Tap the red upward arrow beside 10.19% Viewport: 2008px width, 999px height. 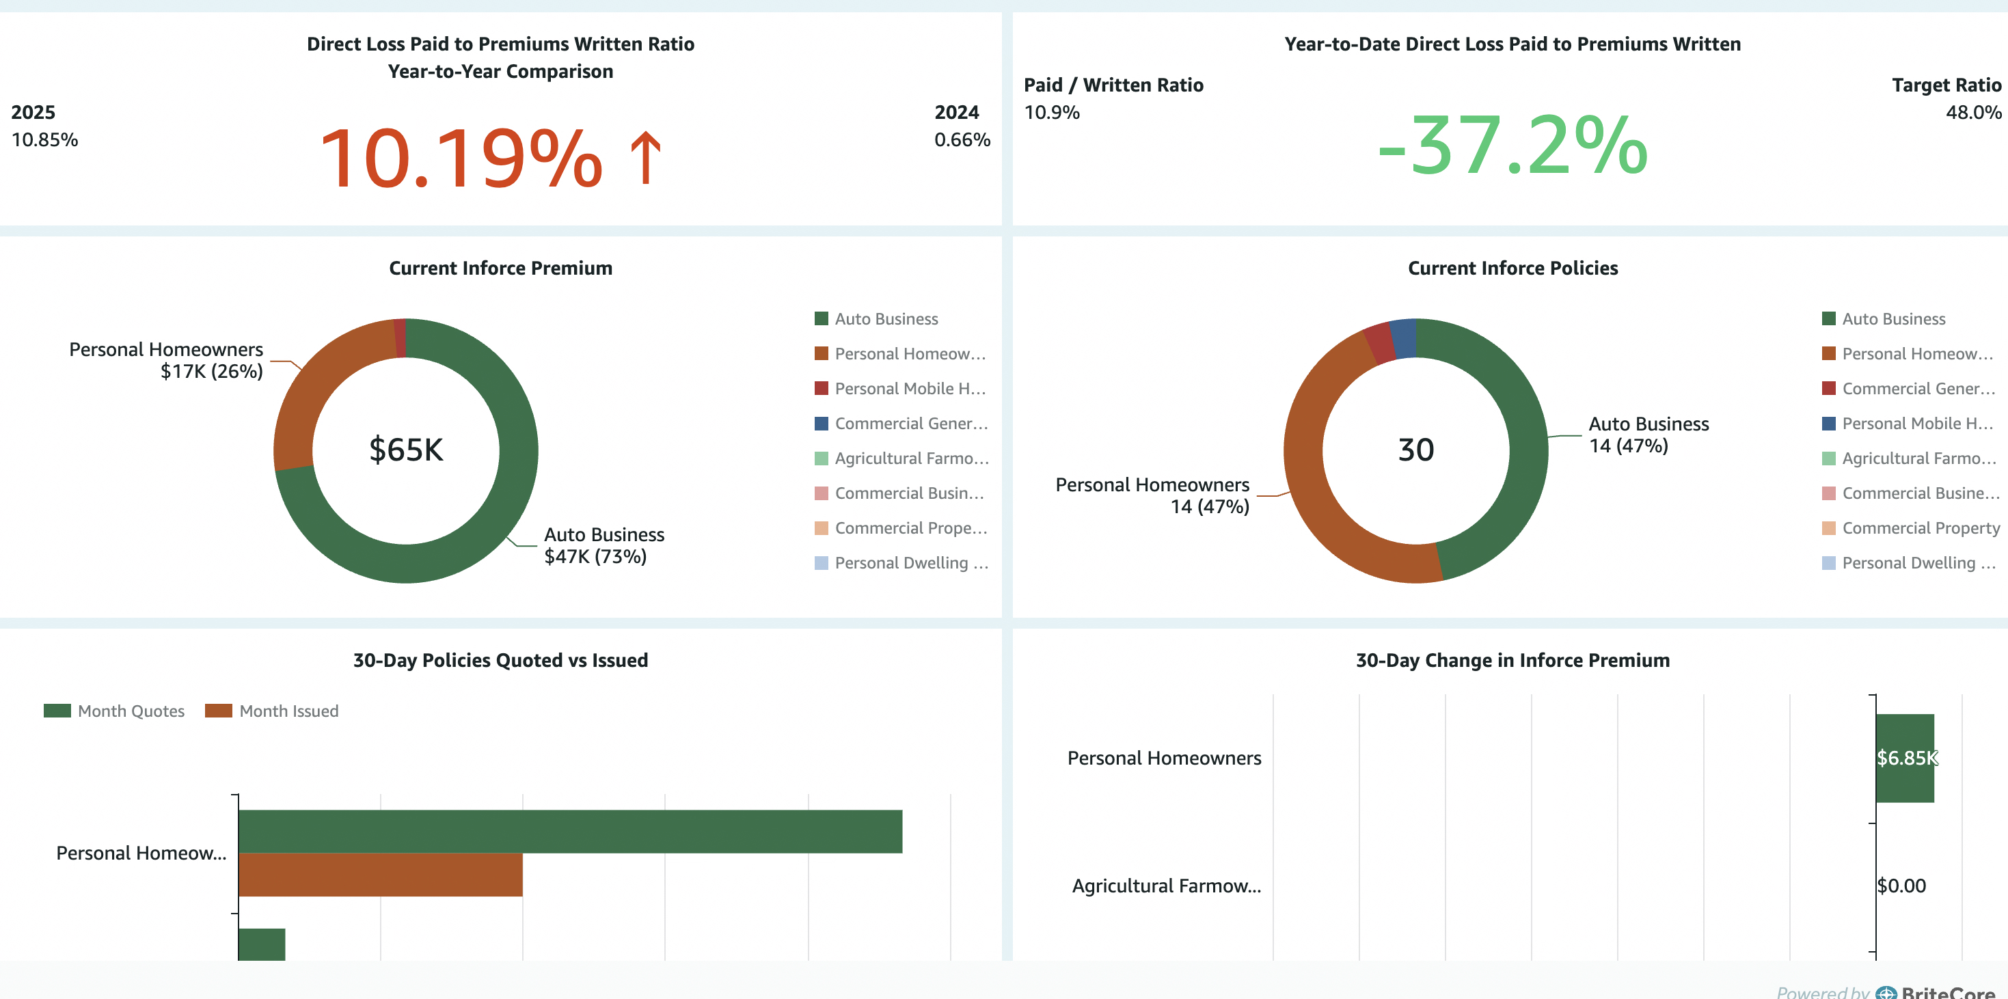pyautogui.click(x=645, y=159)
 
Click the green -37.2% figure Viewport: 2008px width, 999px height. pyautogui.click(x=1512, y=146)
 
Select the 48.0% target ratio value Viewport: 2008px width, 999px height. pyautogui.click(x=1972, y=112)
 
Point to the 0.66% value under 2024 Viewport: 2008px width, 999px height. pyautogui.click(x=962, y=139)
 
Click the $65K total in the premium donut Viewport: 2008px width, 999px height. pyautogui.click(x=405, y=450)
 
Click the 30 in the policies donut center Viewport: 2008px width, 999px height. pyautogui.click(x=1415, y=450)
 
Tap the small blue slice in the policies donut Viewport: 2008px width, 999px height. pyautogui.click(x=1404, y=338)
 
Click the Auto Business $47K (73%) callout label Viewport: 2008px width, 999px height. pyautogui.click(x=603, y=545)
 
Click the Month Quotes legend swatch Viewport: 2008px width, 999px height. pyautogui.click(x=57, y=711)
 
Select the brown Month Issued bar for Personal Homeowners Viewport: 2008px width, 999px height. pyautogui.click(x=381, y=875)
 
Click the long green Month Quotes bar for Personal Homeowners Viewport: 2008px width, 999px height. pyautogui.click(x=570, y=832)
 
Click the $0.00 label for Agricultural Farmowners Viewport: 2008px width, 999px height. pyautogui.click(x=1901, y=886)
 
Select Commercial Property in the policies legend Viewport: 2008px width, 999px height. pyautogui.click(x=1920, y=528)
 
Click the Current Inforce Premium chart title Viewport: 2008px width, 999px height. pyautogui.click(x=500, y=268)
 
